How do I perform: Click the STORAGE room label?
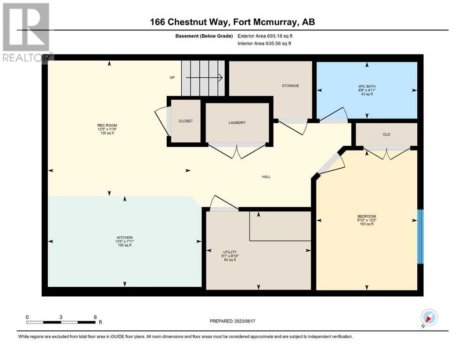click(290, 86)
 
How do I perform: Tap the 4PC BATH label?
click(367, 87)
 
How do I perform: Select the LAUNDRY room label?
click(237, 122)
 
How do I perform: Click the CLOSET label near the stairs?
click(185, 121)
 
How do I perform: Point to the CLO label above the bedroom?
click(386, 135)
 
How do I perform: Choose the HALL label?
click(266, 177)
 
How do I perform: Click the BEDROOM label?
click(367, 217)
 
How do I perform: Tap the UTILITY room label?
click(230, 252)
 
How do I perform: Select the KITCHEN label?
click(125, 238)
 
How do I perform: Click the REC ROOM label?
click(107, 126)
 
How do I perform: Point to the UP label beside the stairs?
click(172, 77)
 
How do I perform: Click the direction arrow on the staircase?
click(204, 77)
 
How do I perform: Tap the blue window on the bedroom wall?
click(420, 237)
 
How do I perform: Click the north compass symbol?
click(429, 318)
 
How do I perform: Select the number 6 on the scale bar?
click(95, 317)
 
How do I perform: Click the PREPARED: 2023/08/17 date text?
click(232, 321)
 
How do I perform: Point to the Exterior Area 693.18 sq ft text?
click(265, 36)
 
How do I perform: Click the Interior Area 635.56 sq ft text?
click(264, 43)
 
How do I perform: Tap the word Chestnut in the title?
click(189, 22)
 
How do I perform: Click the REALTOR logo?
click(27, 33)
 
